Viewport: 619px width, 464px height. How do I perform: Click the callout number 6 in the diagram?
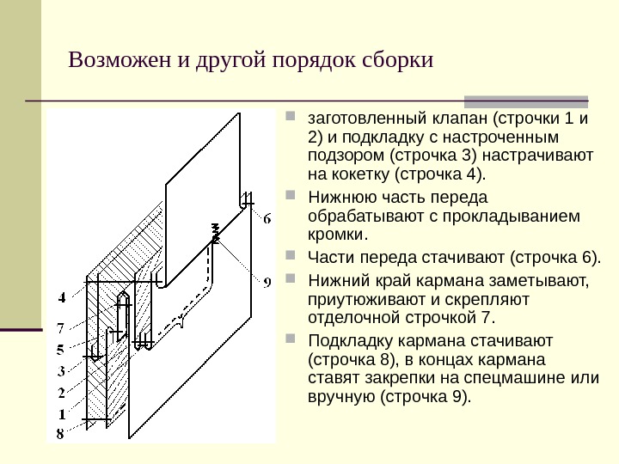pyautogui.click(x=267, y=219)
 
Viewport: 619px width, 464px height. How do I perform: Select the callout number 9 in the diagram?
pyautogui.click(x=267, y=281)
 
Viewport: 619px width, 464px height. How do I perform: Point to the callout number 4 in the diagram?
pyautogui.click(x=61, y=298)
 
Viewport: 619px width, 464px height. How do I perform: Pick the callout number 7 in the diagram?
pyautogui.click(x=61, y=327)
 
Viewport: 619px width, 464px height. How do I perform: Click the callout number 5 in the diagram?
pyautogui.click(x=61, y=349)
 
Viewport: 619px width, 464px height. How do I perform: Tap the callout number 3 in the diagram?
pyautogui.click(x=61, y=371)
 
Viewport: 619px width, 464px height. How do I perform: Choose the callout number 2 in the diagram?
pyautogui.click(x=61, y=393)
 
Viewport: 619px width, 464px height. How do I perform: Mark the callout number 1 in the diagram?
pyautogui.click(x=61, y=414)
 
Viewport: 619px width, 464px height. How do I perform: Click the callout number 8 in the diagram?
pyautogui.click(x=61, y=435)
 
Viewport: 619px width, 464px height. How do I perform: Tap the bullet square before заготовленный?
pyautogui.click(x=290, y=116)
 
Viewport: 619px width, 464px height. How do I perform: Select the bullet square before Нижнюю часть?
pyautogui.click(x=290, y=195)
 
